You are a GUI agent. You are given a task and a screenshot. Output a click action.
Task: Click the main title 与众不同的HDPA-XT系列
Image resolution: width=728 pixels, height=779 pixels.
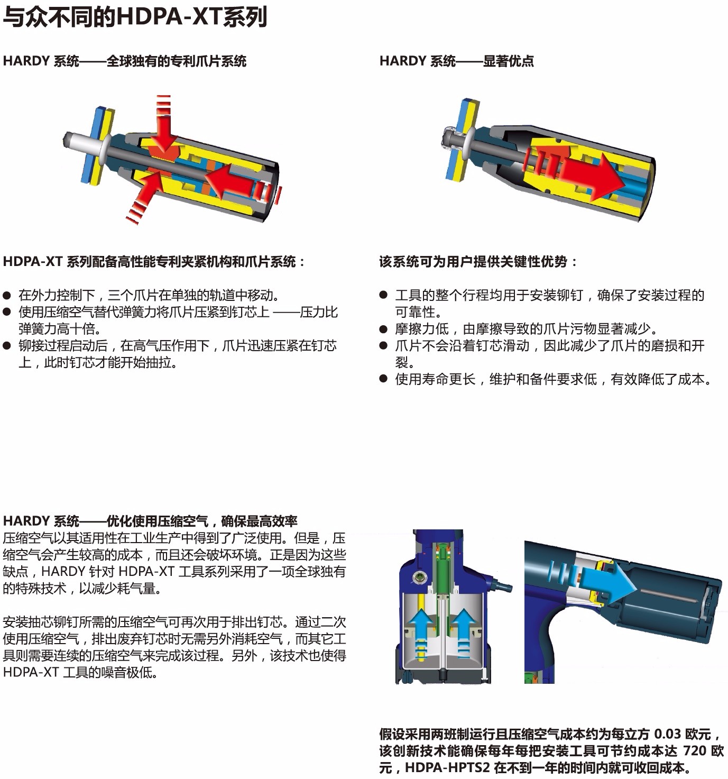coord(135,17)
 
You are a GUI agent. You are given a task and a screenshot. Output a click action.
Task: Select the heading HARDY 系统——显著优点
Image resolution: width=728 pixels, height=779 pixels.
coord(457,61)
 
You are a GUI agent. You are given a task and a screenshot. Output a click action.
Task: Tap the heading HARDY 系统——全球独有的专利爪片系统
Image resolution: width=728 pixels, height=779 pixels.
coord(125,61)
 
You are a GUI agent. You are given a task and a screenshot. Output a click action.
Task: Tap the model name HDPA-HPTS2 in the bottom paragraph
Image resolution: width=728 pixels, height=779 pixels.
coord(447,767)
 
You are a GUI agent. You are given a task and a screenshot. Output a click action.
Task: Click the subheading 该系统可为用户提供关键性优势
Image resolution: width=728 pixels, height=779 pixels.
coord(473,262)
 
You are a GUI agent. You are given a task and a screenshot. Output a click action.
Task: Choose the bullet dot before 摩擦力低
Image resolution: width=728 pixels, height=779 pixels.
coord(384,329)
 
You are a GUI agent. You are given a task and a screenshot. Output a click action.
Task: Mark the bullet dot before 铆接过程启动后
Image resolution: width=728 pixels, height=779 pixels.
coord(7,345)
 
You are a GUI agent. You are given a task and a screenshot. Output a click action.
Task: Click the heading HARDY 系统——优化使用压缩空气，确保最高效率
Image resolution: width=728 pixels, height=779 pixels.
coord(150,521)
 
